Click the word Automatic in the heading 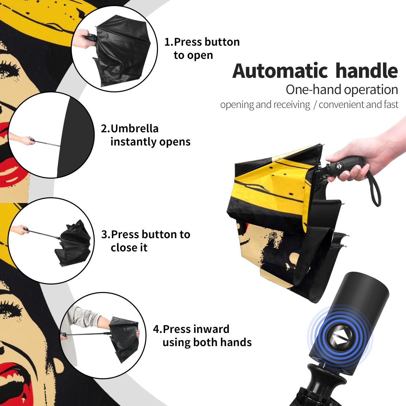tap(280, 71)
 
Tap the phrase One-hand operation tap(342, 90)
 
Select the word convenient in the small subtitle tap(342, 105)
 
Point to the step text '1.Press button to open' tap(202, 48)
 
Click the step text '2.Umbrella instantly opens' tap(145, 135)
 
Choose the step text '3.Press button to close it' tap(145, 241)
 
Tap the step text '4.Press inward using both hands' tap(202, 336)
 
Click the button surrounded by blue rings tap(340, 337)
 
